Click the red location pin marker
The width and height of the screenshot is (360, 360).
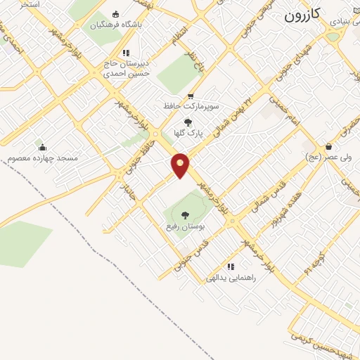tap(181, 165)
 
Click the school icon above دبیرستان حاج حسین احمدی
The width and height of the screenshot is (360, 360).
tap(126, 52)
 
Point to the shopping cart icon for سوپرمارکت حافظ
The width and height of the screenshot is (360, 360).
tap(190, 96)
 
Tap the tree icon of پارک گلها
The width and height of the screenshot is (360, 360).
tap(187, 122)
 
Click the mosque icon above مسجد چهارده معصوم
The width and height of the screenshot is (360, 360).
tap(43, 147)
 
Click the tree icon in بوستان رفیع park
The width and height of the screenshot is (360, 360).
tap(185, 215)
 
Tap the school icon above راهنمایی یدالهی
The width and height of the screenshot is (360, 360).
tap(230, 266)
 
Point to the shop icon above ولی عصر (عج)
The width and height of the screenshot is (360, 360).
tap(307, 148)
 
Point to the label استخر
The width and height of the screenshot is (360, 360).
tap(29, 4)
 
